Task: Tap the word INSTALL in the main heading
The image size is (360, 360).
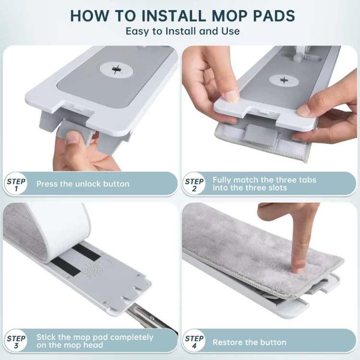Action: [173, 16]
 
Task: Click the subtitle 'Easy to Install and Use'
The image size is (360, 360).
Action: [182, 31]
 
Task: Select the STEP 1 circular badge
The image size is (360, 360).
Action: [16, 184]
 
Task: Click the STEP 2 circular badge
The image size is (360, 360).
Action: [194, 184]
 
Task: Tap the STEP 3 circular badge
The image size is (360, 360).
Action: [16, 341]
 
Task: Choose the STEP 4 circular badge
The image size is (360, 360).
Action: [194, 341]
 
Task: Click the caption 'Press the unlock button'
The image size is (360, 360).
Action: [83, 184]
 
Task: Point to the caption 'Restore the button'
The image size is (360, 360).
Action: [249, 342]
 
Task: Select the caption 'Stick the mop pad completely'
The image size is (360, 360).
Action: [95, 337]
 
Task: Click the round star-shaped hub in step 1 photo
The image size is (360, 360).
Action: [116, 69]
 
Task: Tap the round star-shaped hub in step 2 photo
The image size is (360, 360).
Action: [285, 80]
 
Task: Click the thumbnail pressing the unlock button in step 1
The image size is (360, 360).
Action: [73, 138]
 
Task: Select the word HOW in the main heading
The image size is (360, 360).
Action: [89, 16]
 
